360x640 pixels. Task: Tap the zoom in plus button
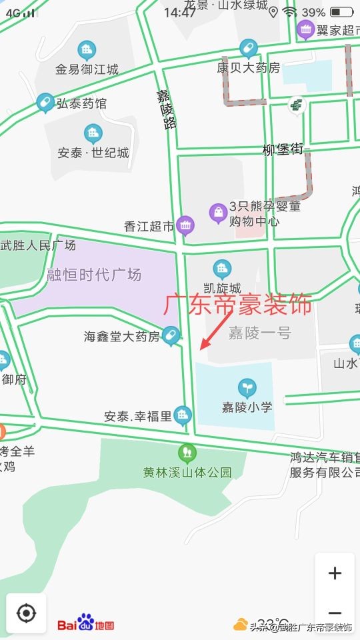[x=335, y=573]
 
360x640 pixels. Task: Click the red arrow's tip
[x=201, y=348]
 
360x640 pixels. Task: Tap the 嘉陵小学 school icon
[x=247, y=387]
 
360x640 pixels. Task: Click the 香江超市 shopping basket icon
[x=185, y=225]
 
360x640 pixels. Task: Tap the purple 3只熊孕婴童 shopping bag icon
[x=218, y=213]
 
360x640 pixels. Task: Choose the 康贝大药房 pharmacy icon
[x=248, y=49]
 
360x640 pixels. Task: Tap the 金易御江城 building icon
[x=86, y=50]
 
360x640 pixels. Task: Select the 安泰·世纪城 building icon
[x=93, y=134]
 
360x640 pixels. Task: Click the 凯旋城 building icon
[x=221, y=269]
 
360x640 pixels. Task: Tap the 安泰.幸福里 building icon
[x=182, y=417]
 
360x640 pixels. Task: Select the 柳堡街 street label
[x=283, y=150]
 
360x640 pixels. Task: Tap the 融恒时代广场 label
[x=94, y=275]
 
